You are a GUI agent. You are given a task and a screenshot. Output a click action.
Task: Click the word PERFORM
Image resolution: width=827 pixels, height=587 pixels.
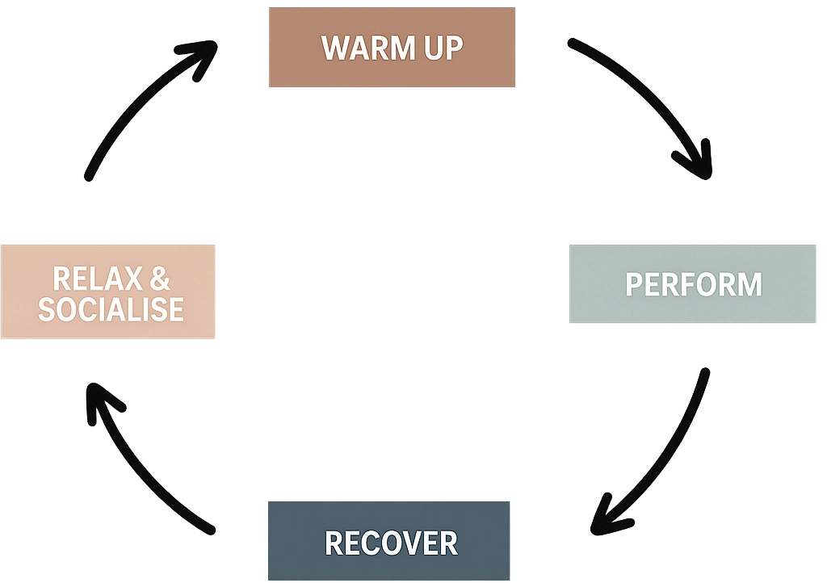click(x=694, y=284)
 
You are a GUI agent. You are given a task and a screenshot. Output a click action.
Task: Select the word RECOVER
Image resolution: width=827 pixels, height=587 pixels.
click(x=391, y=543)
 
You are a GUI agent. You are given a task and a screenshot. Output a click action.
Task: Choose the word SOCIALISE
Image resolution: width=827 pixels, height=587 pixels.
click(x=111, y=308)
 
